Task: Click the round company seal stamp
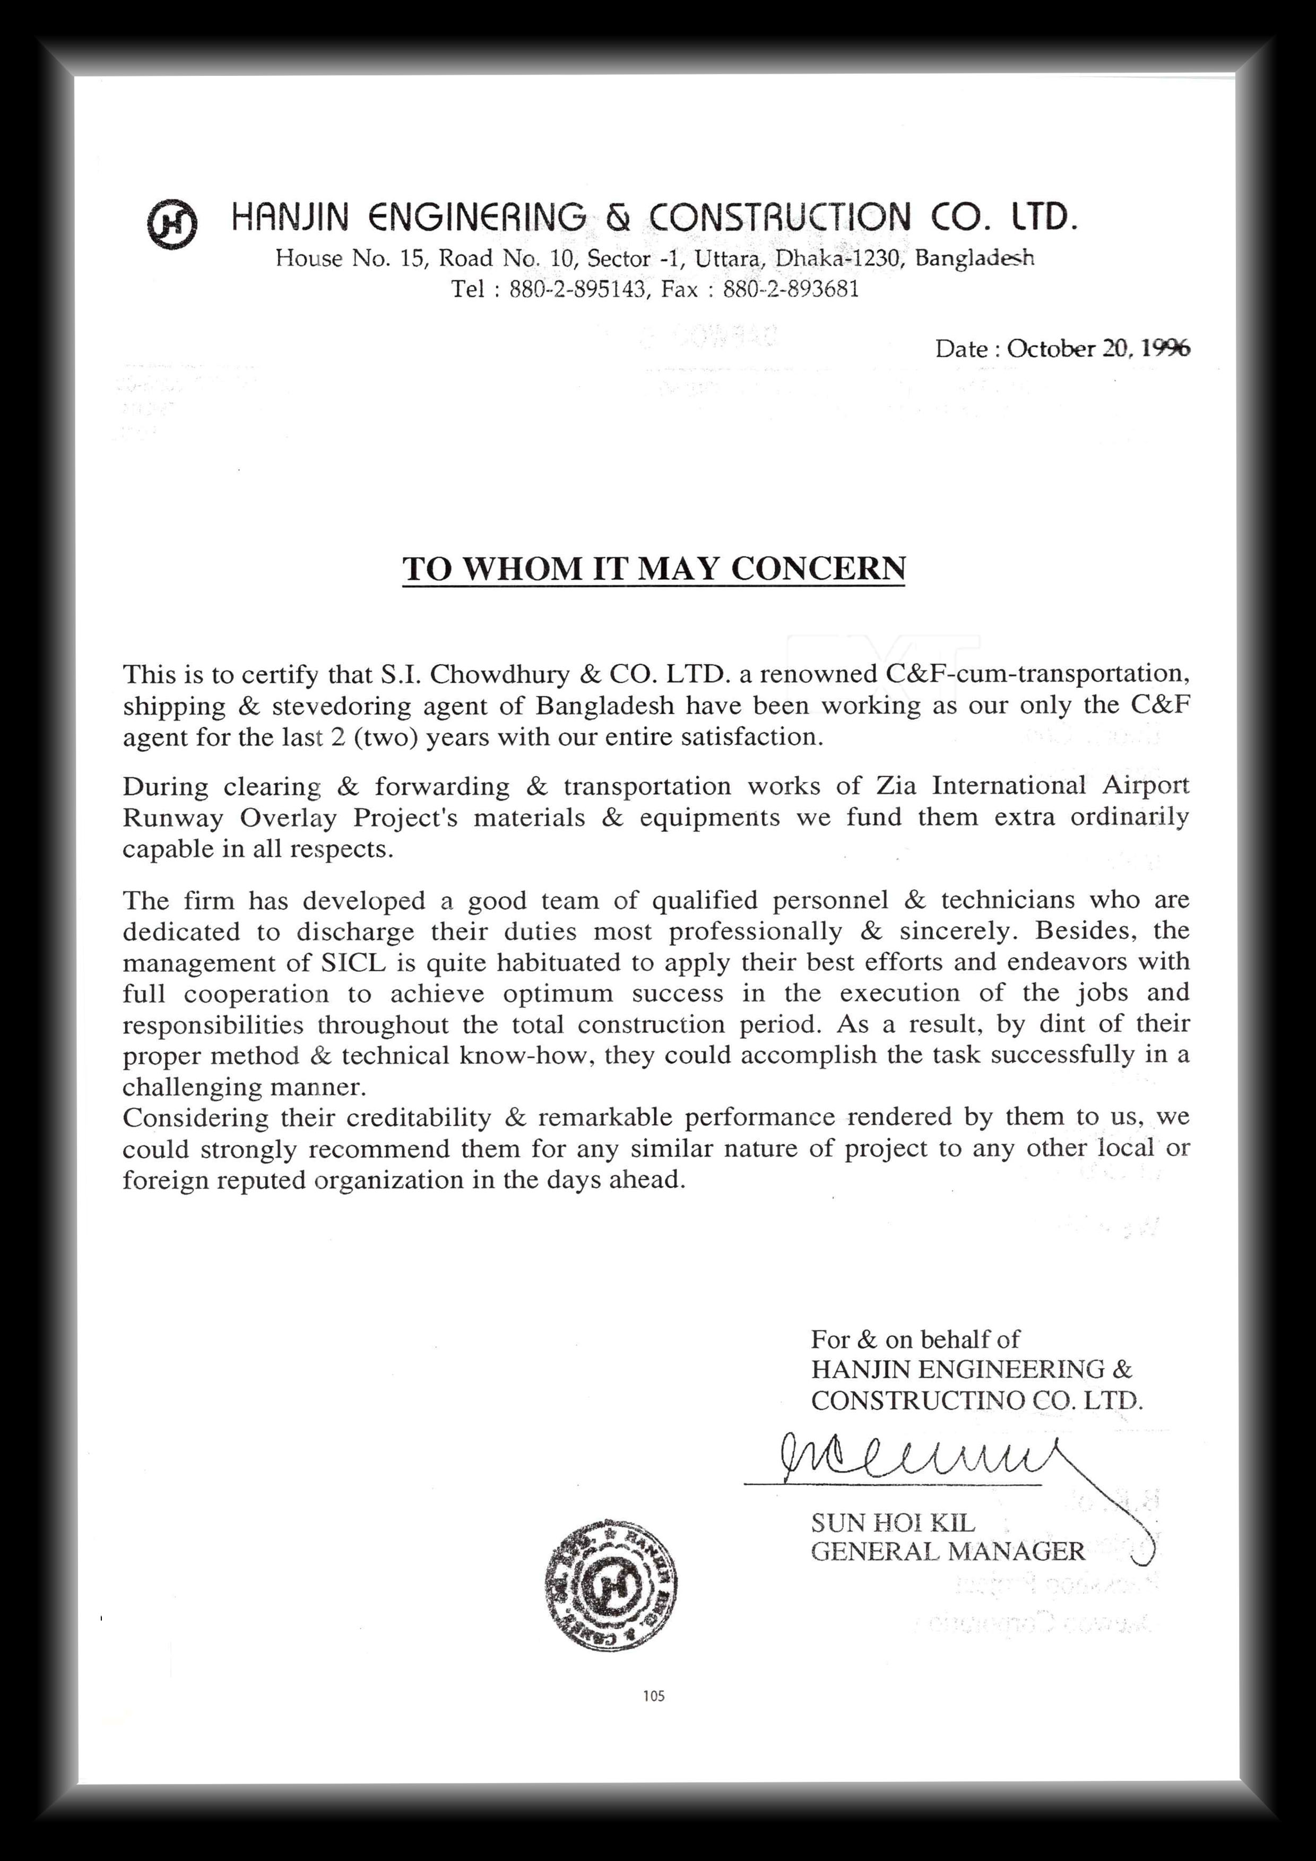tap(611, 1584)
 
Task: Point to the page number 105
tap(654, 1695)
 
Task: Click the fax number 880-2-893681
tap(791, 289)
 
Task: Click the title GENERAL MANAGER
tap(947, 1551)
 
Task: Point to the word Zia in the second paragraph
tap(898, 786)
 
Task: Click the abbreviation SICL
tap(351, 962)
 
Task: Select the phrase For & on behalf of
tap(915, 1339)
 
